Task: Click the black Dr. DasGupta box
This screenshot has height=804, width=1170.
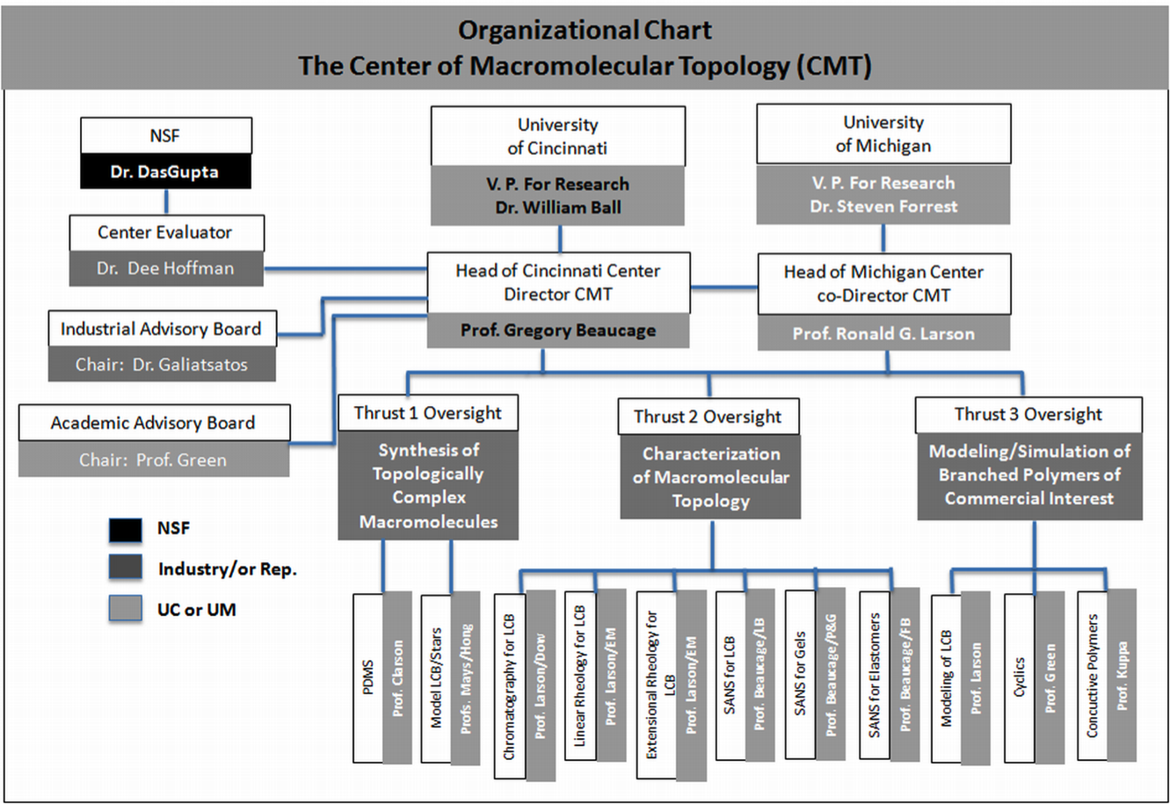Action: [x=166, y=172]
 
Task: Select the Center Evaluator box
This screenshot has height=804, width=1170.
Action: [x=165, y=233]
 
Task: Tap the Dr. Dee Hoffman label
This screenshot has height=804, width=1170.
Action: [x=165, y=269]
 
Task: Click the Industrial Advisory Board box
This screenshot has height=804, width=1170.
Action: [x=162, y=330]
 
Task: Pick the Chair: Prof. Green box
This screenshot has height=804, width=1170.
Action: [x=153, y=460]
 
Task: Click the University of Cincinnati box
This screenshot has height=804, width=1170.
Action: [x=557, y=136]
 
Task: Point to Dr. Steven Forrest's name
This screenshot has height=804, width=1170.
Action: [x=883, y=206]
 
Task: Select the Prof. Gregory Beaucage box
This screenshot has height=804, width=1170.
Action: [x=557, y=331]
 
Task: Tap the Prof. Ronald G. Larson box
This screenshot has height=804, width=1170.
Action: [x=883, y=334]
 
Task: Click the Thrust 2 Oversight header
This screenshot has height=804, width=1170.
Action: [x=708, y=417]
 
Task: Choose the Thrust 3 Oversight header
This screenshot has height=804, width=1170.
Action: [x=1028, y=415]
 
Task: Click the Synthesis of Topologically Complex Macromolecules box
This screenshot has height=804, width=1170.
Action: [x=428, y=486]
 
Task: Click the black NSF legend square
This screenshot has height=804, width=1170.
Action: [x=126, y=530]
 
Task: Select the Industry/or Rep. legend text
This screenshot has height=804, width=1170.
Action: [x=227, y=569]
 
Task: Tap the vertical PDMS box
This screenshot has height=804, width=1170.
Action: [x=368, y=677]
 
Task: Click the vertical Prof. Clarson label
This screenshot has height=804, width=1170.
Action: [x=397, y=677]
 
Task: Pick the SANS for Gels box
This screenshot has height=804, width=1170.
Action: [x=799, y=674]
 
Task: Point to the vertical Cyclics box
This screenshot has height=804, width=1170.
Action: [x=1019, y=677]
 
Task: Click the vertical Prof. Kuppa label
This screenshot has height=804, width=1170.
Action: [x=1122, y=675]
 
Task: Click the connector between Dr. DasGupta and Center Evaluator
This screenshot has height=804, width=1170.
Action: [x=165, y=202]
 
